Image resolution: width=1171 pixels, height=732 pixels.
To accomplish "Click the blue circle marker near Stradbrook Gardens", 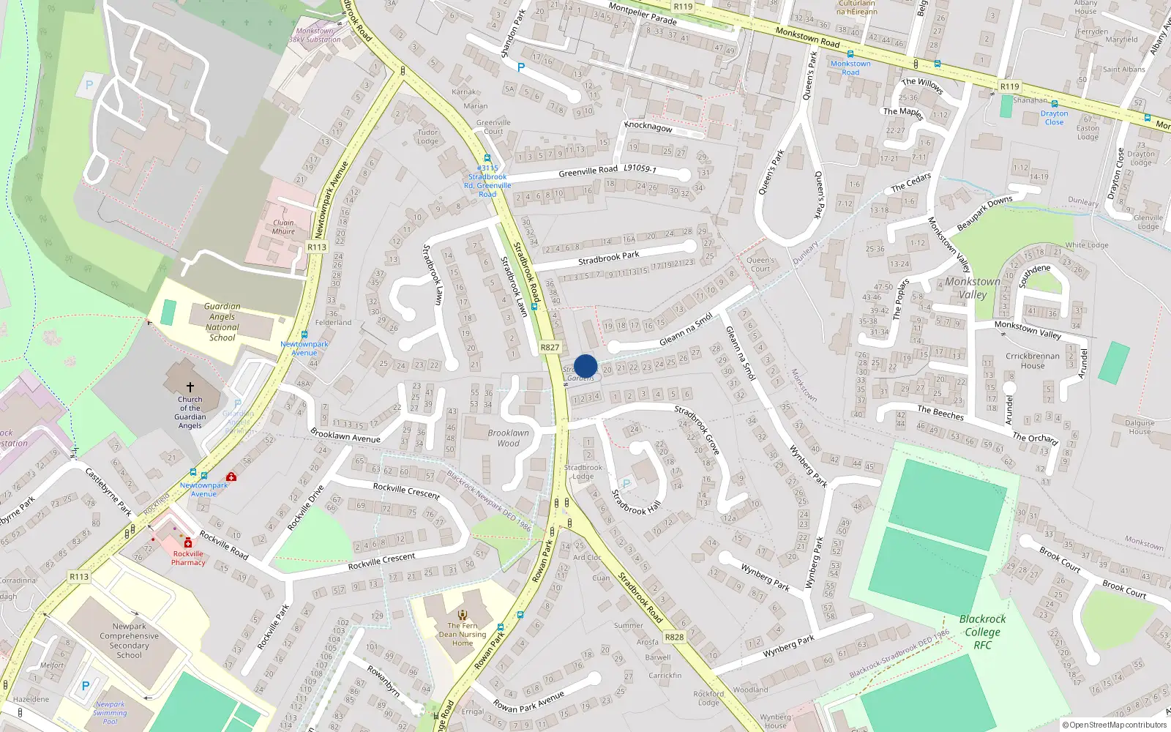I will click(x=585, y=366).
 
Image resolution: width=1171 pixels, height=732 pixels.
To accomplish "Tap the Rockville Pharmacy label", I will click(x=188, y=558).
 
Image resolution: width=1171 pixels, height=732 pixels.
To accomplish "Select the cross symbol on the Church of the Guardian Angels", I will click(x=190, y=386).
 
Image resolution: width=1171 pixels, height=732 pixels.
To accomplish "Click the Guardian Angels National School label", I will click(x=222, y=322).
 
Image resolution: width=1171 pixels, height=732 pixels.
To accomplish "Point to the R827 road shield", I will click(x=550, y=348).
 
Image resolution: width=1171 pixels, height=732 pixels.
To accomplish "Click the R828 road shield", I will click(x=674, y=637).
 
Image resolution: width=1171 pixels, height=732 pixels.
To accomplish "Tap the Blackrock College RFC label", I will click(x=982, y=632).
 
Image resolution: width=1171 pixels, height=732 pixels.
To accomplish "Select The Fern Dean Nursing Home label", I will click(x=463, y=634).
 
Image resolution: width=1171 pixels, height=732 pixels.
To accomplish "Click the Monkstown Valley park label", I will click(x=972, y=288).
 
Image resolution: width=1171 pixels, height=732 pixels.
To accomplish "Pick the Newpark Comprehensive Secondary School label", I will click(x=130, y=640).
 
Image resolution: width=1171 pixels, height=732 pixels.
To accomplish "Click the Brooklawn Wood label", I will click(x=508, y=438).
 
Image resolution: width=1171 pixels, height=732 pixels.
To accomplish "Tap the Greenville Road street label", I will click(x=588, y=171).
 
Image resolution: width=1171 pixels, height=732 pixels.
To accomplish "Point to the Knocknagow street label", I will click(x=648, y=127).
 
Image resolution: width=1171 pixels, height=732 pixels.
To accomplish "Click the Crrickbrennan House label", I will click(x=1032, y=361).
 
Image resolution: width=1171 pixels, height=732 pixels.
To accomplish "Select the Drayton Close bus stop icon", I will click(x=1055, y=105).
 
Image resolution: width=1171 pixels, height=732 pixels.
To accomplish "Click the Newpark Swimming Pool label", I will click(x=110, y=712).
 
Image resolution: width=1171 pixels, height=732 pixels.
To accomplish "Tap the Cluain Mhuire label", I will click(x=283, y=227).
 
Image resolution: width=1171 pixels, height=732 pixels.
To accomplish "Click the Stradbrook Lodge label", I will click(x=583, y=471).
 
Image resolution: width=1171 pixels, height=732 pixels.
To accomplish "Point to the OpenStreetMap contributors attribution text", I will click(x=1115, y=725).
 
